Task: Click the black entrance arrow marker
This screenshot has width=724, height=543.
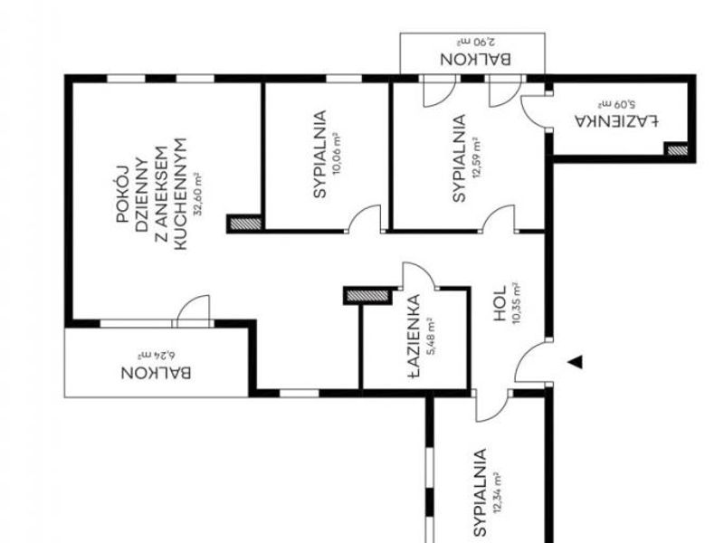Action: [576, 363]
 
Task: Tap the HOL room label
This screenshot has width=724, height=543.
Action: [500, 303]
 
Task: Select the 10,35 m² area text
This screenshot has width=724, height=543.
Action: [516, 303]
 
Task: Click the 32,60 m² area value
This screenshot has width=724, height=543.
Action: [198, 194]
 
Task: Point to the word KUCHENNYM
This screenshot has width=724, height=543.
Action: [180, 194]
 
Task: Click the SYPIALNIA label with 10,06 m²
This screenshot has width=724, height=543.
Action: [319, 154]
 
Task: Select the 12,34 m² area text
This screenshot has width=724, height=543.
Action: [497, 492]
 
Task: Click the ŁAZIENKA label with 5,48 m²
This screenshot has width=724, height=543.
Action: [414, 336]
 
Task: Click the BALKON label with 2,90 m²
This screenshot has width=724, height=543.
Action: [476, 59]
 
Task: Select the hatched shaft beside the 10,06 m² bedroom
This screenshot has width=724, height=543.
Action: [245, 224]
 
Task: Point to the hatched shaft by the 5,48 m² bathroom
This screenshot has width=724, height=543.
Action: [367, 296]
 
